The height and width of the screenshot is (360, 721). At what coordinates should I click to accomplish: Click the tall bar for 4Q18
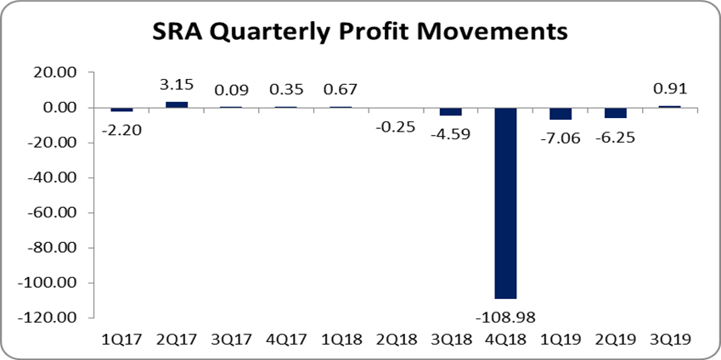click(505, 203)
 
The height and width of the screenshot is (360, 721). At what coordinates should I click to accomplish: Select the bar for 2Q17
click(177, 104)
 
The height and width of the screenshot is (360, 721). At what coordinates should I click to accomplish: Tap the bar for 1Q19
click(560, 114)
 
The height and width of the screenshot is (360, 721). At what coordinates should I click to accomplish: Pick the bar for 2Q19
click(616, 113)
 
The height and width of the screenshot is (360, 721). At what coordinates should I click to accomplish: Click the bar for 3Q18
click(451, 111)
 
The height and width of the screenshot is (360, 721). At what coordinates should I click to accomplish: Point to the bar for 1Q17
click(122, 110)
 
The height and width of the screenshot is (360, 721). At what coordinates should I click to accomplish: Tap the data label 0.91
click(671, 87)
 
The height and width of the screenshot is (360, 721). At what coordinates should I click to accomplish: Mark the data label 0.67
click(341, 89)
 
